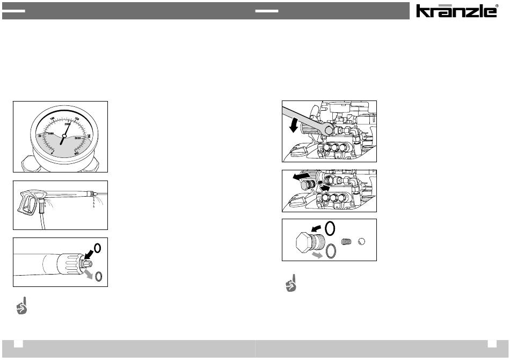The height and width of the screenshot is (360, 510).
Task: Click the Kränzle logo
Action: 457,11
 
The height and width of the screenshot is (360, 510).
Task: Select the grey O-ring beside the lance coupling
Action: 98,277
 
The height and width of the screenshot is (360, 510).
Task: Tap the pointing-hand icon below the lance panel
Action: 21,305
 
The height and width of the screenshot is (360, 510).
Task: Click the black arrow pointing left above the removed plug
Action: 296,177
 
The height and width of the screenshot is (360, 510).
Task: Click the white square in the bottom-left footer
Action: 18,344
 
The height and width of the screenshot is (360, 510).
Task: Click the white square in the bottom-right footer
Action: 492,344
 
